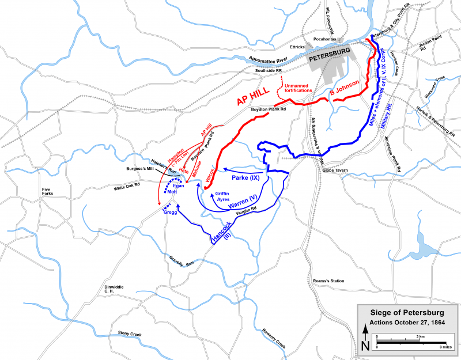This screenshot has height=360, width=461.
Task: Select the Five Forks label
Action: tap(48, 193)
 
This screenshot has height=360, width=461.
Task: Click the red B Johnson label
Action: tap(344, 88)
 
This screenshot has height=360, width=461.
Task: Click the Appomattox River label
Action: tap(268, 60)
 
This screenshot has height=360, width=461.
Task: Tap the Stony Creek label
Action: tap(130, 332)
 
